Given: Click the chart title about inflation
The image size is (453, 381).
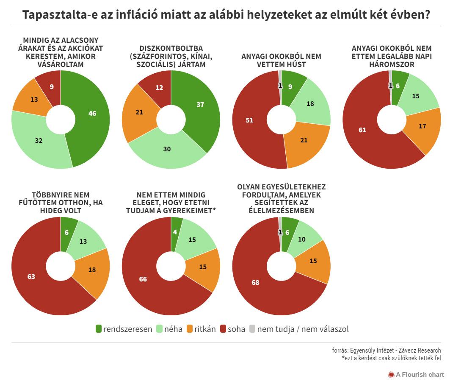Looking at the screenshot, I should [x=226, y=15].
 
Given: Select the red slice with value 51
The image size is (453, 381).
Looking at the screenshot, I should [x=250, y=121].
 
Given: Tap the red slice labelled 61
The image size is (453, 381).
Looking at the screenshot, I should [x=362, y=129].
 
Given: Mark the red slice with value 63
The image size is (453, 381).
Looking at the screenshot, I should [x=32, y=276].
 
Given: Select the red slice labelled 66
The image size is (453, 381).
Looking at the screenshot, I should [x=142, y=279].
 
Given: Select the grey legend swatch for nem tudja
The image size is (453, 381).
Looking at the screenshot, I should [x=252, y=329].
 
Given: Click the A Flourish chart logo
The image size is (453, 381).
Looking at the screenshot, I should [x=416, y=374].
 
